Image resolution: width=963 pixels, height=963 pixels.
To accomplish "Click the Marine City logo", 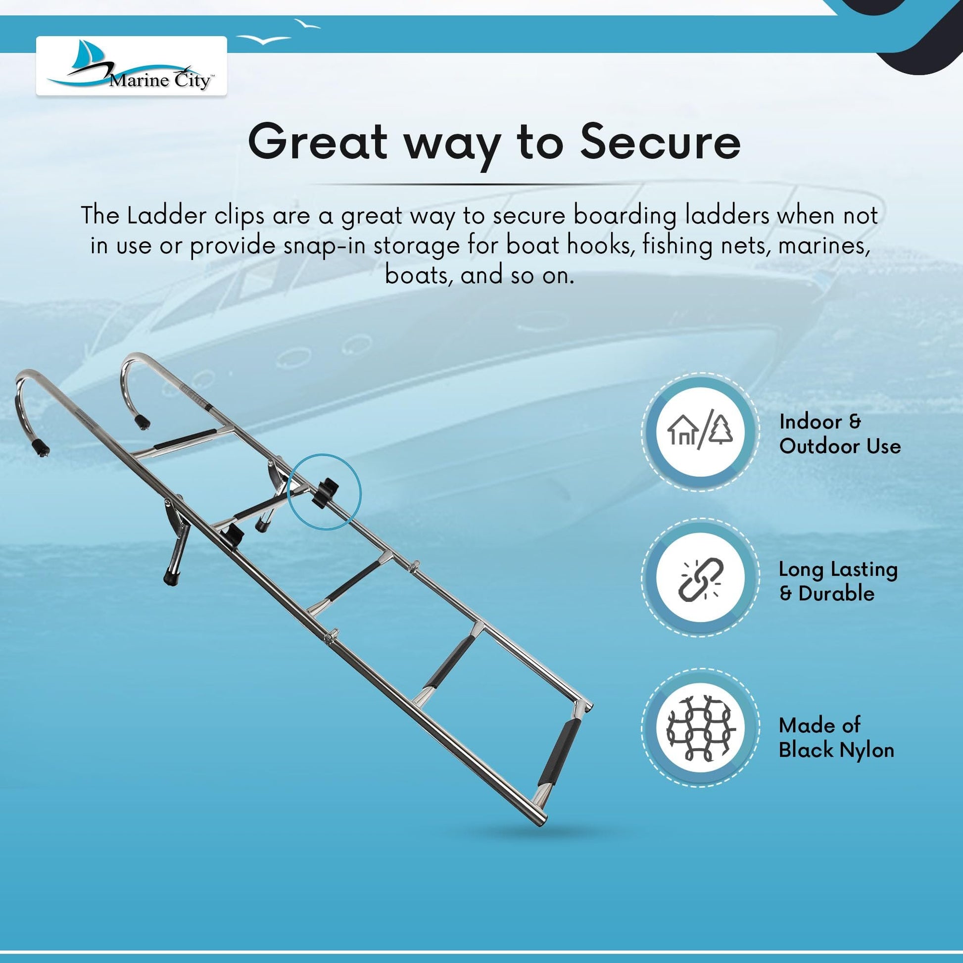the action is [x=131, y=66].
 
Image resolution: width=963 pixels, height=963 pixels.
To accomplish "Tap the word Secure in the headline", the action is [x=660, y=143].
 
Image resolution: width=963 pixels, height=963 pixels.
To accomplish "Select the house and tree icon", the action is [x=700, y=432].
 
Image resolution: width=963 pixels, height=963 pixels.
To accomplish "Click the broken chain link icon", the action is [x=701, y=579].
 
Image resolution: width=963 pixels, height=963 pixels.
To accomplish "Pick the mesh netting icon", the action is [x=701, y=728].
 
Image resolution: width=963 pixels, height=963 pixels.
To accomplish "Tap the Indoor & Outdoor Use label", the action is [x=840, y=433].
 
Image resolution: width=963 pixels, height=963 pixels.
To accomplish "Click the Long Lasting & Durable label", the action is [x=838, y=581].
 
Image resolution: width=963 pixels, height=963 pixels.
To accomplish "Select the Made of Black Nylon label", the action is [x=836, y=738].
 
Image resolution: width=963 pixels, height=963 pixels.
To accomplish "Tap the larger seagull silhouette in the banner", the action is [x=263, y=39].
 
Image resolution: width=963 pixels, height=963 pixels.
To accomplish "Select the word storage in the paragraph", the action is [x=416, y=246].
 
